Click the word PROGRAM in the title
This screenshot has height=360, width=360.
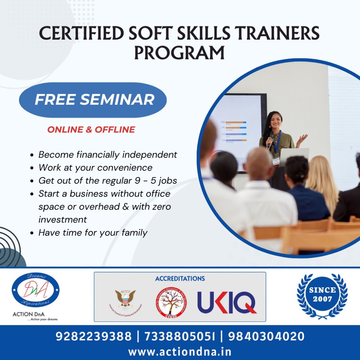point(179,52)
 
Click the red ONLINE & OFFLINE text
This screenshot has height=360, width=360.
point(91,130)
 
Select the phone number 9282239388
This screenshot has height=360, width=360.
point(94,336)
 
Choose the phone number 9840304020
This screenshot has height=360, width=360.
point(266,336)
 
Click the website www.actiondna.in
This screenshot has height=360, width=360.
point(180,352)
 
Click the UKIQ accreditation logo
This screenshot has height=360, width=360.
point(227,302)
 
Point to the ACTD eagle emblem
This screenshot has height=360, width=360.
point(125,299)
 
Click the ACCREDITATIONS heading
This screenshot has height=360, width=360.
point(180,279)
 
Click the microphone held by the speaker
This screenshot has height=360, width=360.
point(271,138)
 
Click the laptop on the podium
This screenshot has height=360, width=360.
point(295,155)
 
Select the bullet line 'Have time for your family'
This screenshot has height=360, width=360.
point(93,233)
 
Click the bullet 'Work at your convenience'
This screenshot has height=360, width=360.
point(95,168)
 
